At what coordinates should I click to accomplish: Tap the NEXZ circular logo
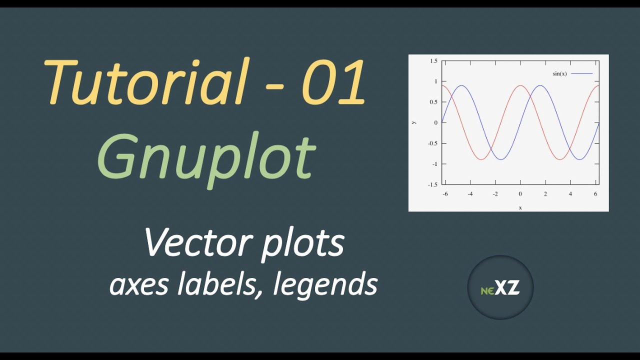(500, 287)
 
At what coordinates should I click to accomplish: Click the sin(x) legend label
(559, 74)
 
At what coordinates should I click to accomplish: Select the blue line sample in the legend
(581, 74)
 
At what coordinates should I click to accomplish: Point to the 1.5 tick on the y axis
(433, 61)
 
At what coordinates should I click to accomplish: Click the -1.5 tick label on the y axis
(432, 184)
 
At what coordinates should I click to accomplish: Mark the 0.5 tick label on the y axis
(433, 102)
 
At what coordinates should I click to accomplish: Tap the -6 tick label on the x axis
(445, 194)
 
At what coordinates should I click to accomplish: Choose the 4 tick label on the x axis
(570, 194)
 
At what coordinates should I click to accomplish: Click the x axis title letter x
(520, 207)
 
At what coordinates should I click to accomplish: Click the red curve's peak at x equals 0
(520, 85)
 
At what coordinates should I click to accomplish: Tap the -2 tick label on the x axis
(494, 194)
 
